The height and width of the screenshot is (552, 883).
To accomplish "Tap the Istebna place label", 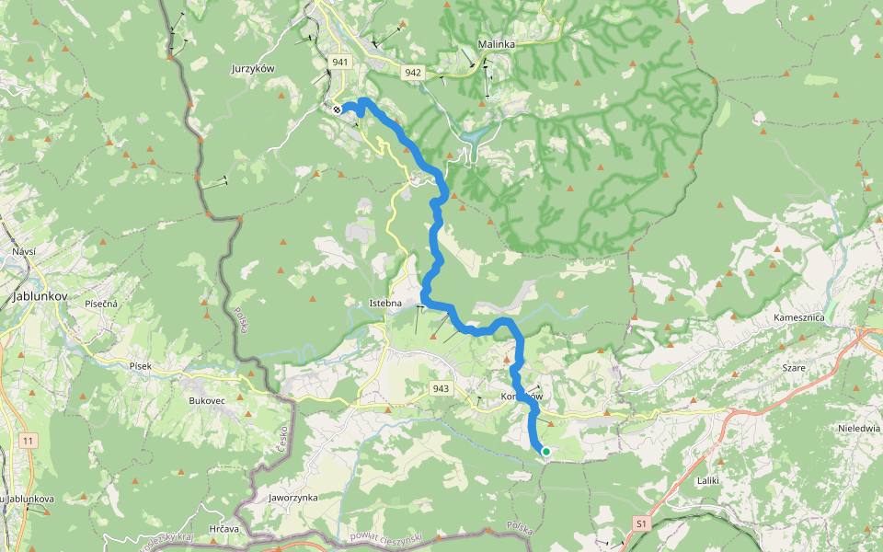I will pos(386,302).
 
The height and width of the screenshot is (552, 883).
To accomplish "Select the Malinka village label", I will pos(497,44).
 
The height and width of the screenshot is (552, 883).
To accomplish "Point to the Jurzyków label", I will pos(252,68).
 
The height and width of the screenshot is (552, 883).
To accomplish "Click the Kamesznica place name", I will pos(798,317).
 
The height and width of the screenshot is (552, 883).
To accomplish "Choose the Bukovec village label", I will pos(206,401).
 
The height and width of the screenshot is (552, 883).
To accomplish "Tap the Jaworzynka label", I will pos(292,497).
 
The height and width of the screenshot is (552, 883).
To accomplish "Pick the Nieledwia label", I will pos(859,428).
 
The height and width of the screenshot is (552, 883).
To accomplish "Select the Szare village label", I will pos(793,368).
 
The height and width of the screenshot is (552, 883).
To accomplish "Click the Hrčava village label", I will pos(224,529).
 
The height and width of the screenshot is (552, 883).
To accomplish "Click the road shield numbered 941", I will pos(338,62).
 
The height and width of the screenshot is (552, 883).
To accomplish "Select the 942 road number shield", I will pos(412,73).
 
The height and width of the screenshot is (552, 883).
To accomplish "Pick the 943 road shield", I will pos(441,389).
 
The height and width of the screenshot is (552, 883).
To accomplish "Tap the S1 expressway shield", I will pos(642,523).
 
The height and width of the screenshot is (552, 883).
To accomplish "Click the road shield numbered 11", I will pos(29,442).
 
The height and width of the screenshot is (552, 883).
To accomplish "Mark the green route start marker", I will pos(545,452).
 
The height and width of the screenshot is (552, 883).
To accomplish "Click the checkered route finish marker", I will pos(338,109).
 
